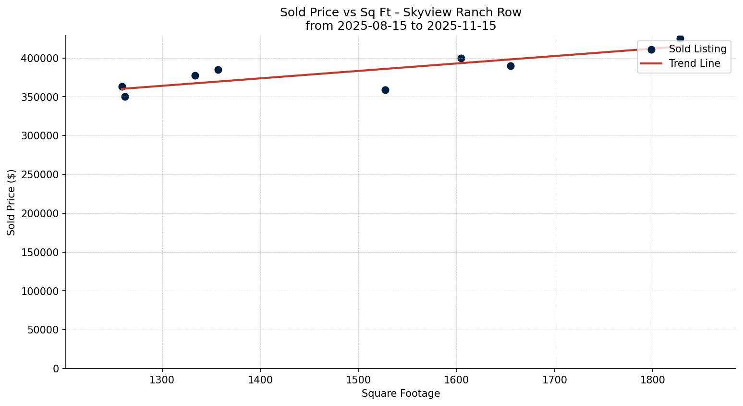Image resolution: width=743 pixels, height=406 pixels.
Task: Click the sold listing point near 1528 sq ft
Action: [385, 90]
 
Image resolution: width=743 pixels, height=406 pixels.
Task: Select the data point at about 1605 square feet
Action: [461, 58]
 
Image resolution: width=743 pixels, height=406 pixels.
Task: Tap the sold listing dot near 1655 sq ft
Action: [511, 66]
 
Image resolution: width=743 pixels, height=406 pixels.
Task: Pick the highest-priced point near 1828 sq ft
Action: [680, 38]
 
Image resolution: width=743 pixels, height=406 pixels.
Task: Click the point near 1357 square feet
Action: [218, 70]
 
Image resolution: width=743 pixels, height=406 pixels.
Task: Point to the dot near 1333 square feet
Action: [195, 75]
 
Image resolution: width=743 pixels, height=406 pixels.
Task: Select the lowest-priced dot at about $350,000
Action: [125, 97]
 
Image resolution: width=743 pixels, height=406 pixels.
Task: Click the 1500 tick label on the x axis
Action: [358, 380]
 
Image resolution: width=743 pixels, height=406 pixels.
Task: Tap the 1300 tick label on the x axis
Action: [162, 380]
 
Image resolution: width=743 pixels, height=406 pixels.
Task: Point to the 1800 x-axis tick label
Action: [652, 380]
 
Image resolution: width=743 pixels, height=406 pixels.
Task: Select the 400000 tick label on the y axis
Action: [40, 58]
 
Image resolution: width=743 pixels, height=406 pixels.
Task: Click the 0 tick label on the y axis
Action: [56, 369]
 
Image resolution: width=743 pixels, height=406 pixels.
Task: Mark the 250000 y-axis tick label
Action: [40, 175]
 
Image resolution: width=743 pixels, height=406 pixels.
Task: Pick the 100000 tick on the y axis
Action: [40, 291]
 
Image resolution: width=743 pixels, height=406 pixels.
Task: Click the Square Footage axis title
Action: [401, 394]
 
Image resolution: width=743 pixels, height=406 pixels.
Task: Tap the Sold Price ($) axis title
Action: [12, 202]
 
